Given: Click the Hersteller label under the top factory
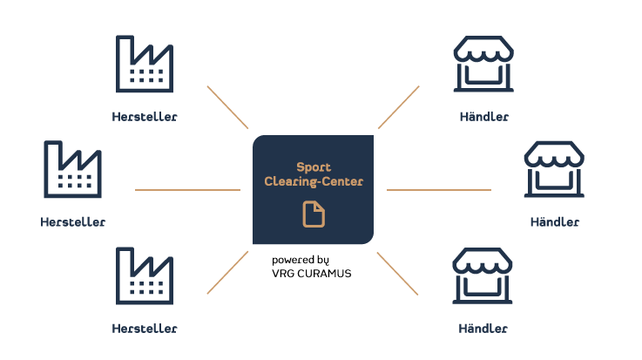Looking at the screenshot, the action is coord(145,117).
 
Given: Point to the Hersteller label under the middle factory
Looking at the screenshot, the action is coord(73,222).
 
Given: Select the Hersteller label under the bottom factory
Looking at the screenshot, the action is coord(145,329).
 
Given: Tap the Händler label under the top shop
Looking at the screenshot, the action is coord(484,117).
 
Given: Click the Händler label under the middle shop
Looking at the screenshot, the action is coord(555,222).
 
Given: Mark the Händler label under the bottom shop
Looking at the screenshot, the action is coord(483,329).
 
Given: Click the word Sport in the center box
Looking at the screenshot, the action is coord(314,167).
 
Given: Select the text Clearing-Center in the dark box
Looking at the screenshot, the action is coord(314,181).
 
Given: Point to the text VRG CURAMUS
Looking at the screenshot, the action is coord(312,274).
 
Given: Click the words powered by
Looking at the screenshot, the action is coord(301,261).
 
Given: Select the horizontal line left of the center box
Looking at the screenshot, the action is coord(187,190).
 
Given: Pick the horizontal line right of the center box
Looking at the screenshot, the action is coord(439,190).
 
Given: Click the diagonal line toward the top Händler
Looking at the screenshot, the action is coord(398,107).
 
